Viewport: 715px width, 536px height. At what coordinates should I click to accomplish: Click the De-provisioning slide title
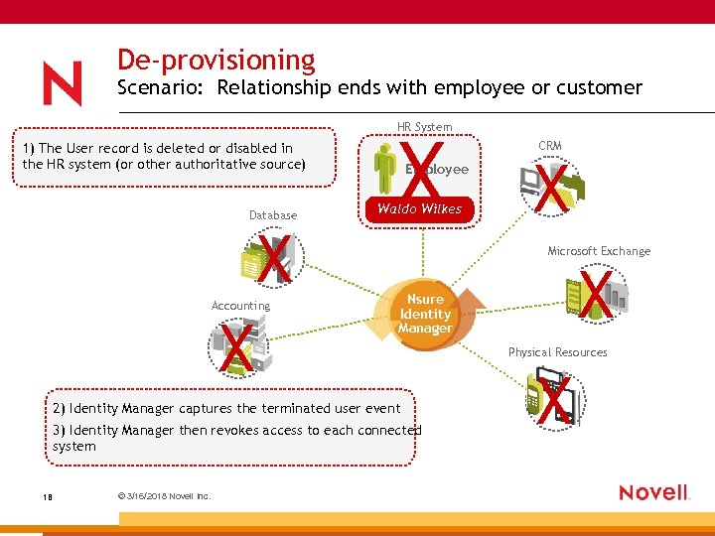point(215,61)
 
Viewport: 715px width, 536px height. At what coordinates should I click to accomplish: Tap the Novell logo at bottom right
point(653,492)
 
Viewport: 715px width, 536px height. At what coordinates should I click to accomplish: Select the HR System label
point(424,127)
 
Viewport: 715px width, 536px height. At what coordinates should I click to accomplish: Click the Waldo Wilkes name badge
point(419,208)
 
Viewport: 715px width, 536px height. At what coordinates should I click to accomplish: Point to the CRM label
point(549,146)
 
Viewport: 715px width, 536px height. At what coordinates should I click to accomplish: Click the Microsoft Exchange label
point(599,251)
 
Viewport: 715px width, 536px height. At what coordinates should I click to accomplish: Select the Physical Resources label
point(557,352)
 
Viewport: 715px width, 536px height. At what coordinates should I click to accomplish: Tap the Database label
point(273,215)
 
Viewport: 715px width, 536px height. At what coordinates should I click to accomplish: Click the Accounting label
point(240,306)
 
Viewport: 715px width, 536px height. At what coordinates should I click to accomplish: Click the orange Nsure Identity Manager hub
point(425,315)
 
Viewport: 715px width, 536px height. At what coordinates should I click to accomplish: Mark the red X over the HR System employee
point(424,170)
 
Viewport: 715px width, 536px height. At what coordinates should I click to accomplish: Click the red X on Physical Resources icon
point(555,397)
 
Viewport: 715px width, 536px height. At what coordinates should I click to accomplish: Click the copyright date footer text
point(152,496)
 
